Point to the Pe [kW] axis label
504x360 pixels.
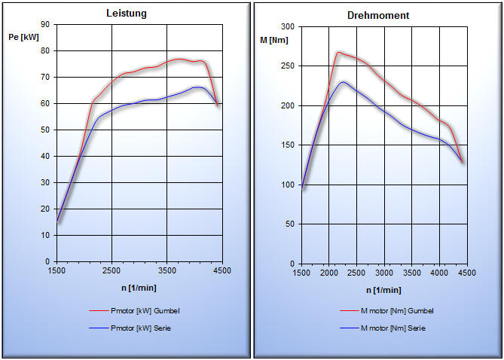[x=24, y=37]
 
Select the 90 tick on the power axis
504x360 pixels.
[x=45, y=25]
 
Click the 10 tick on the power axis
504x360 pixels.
[x=45, y=235]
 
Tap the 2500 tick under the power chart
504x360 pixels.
[x=111, y=270]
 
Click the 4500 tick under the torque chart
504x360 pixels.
[x=466, y=273]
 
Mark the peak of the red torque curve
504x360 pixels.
[x=339, y=52]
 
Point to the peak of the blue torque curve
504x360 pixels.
[x=343, y=82]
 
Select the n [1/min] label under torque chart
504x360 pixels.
[x=384, y=290]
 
